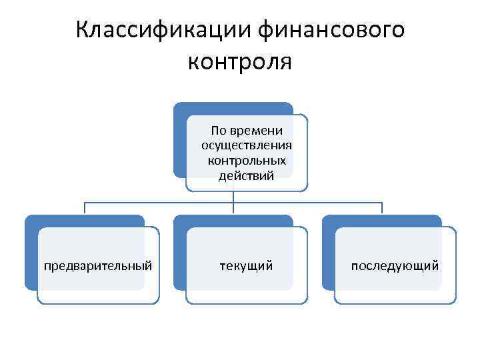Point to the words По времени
click(247, 130)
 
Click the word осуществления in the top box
click(247, 145)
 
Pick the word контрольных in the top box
click(247, 161)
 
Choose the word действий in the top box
click(247, 175)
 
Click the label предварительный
click(98, 266)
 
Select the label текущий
click(247, 266)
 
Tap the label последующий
click(395, 266)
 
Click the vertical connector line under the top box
click(233, 196)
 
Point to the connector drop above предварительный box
click(85, 208)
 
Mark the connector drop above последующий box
click(382, 208)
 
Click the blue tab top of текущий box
click(233, 221)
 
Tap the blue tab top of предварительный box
click(85, 221)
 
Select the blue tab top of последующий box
click(382, 221)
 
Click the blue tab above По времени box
click(233, 108)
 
